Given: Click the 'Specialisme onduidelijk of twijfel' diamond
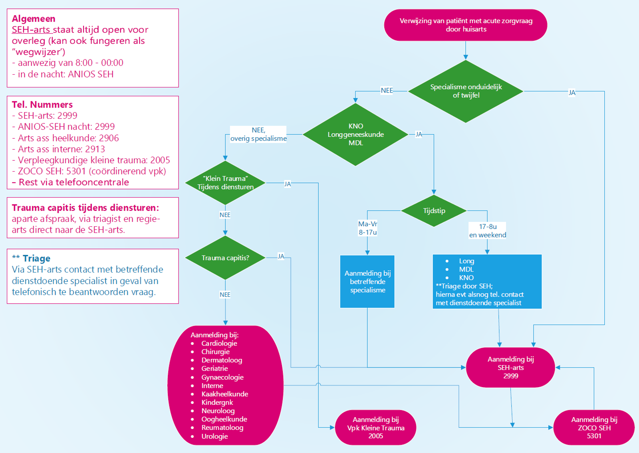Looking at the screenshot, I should tap(466, 91).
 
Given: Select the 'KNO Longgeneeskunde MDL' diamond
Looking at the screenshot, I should tap(355, 135).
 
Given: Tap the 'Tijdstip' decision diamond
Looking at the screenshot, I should tap(434, 211).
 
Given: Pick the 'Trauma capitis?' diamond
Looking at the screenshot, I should tap(225, 258).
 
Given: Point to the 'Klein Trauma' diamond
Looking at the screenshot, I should tap(225, 183).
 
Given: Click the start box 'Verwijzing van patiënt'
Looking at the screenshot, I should tap(466, 25).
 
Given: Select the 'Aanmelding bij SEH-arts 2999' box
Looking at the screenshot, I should tap(510, 368).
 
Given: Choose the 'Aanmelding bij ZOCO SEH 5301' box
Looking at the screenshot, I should tap(594, 427).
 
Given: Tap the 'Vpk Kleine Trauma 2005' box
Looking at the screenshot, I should tap(375, 427).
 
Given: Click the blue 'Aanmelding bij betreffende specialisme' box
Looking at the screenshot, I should tap(367, 281).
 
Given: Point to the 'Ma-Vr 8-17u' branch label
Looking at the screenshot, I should tap(367, 228).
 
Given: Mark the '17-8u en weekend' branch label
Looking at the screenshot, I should tap(488, 231).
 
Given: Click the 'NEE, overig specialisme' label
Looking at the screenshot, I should tap(258, 135).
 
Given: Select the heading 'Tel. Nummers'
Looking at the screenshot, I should tap(42, 105).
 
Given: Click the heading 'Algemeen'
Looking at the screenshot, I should tap(34, 19).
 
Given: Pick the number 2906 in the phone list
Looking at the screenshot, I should tap(109, 138).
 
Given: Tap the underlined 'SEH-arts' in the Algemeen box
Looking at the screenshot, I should tap(31, 30).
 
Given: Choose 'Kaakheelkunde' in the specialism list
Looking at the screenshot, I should tap(224, 394).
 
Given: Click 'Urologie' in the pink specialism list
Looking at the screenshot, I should tap(214, 436).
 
